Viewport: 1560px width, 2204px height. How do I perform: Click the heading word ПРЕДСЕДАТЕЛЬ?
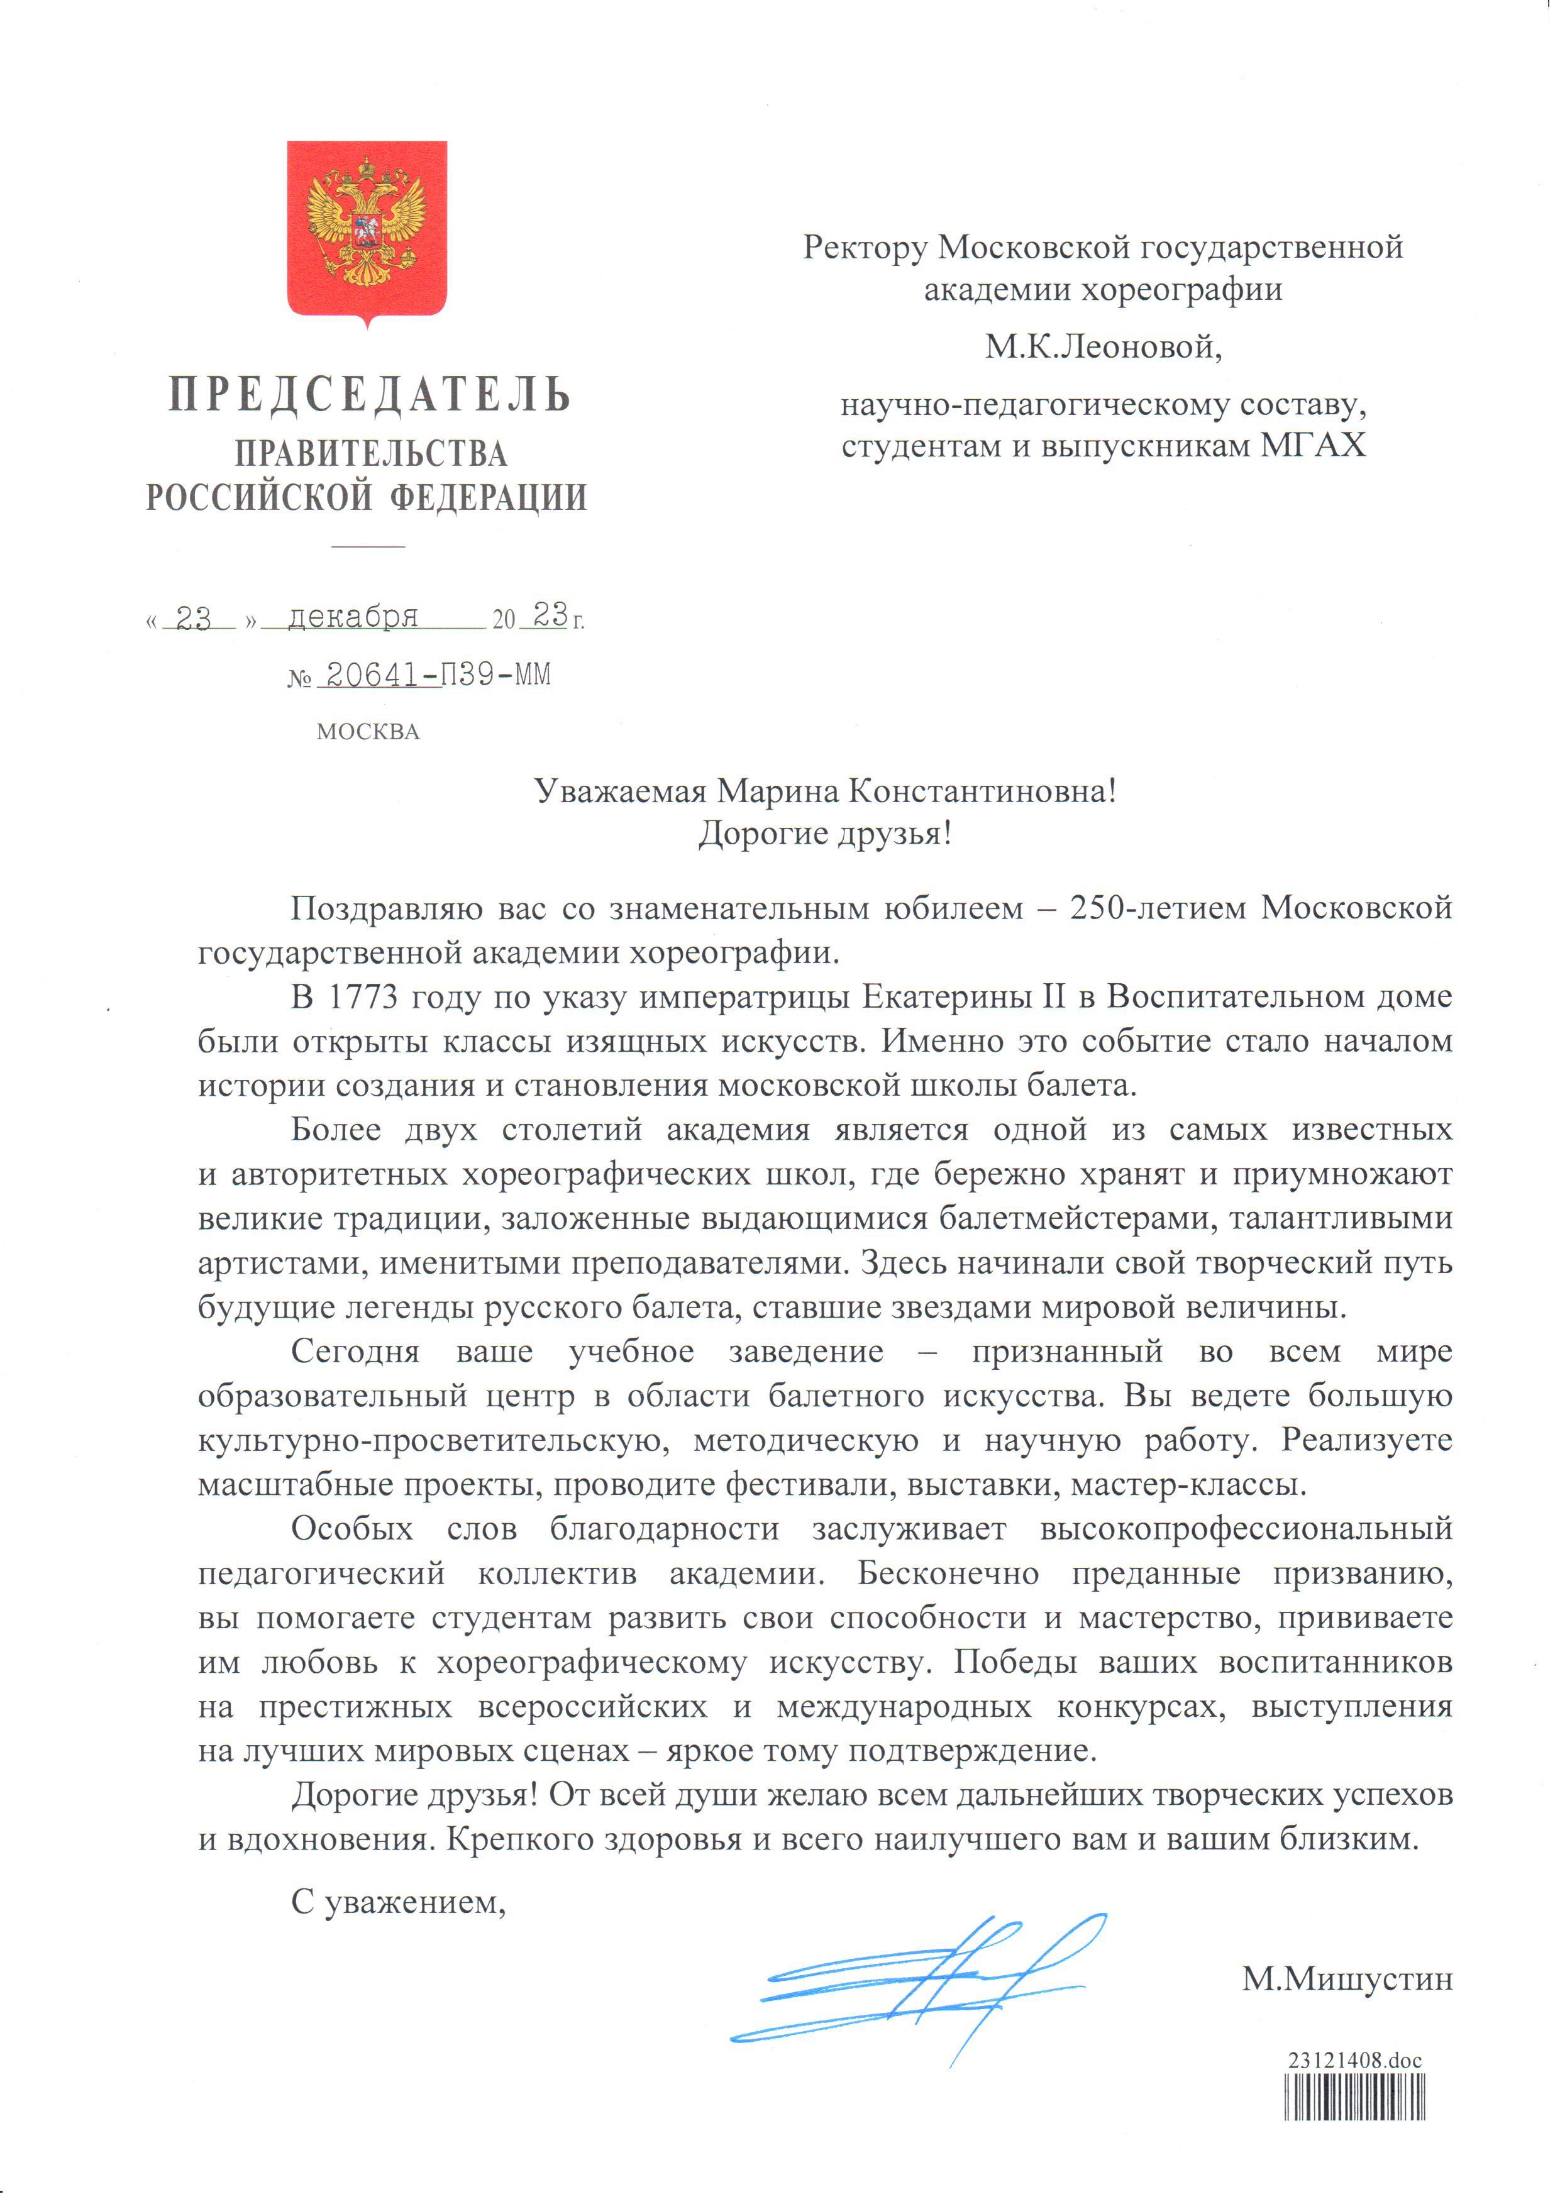pos(371,395)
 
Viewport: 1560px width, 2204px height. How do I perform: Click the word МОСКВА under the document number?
pos(370,733)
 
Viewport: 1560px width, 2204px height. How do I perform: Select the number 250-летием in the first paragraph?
pos(1163,908)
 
